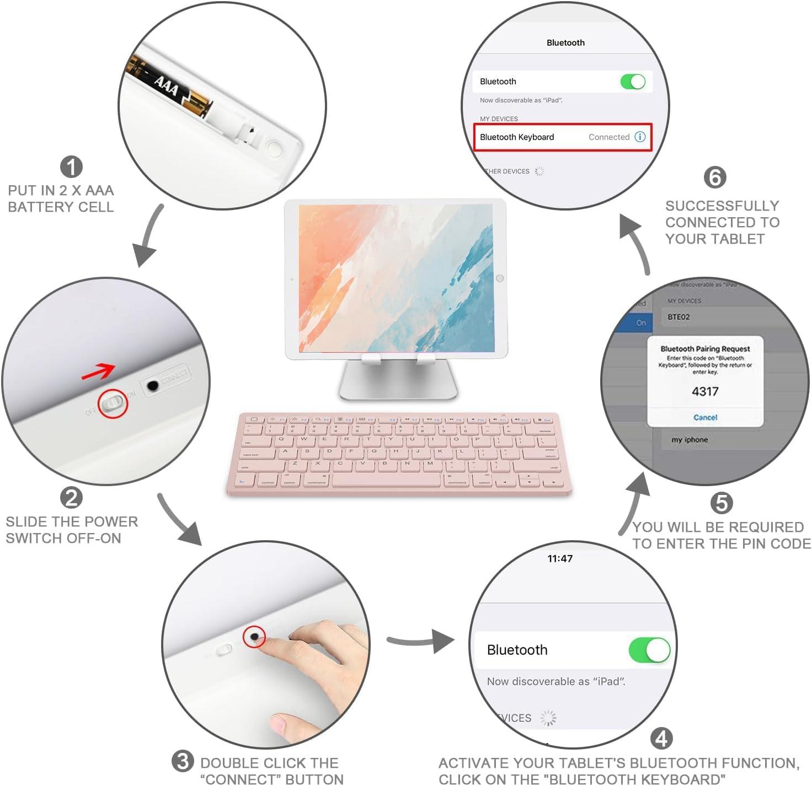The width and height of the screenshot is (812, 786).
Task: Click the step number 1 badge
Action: (71, 167)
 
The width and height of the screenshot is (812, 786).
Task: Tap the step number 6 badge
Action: (715, 177)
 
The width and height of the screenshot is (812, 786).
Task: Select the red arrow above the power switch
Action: (98, 372)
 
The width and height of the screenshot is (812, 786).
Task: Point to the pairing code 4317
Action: (705, 391)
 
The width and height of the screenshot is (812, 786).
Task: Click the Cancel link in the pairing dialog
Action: (705, 417)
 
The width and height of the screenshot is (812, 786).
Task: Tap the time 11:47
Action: (560, 558)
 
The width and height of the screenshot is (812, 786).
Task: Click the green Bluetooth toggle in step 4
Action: (649, 650)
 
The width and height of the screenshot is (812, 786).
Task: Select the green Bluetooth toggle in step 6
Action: (633, 82)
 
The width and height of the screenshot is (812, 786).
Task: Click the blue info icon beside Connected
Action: (640, 137)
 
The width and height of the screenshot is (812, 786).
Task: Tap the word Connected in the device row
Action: (608, 137)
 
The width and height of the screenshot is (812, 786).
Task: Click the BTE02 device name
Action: (679, 317)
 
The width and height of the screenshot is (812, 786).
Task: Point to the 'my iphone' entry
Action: (690, 440)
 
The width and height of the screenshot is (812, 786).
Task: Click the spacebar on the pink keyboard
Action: (386, 480)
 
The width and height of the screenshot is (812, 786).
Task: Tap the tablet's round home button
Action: (500, 278)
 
